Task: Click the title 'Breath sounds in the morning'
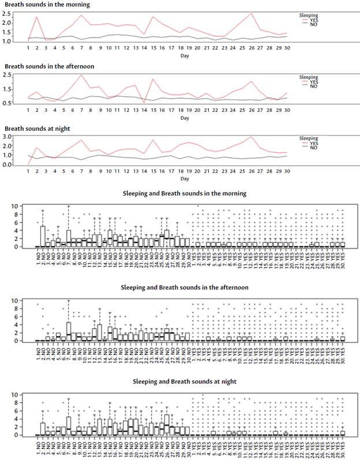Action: (40, 5)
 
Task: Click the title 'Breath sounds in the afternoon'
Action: (42, 66)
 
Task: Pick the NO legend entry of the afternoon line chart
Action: (313, 86)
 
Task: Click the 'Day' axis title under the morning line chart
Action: (183, 56)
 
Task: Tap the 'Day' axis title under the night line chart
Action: (183, 180)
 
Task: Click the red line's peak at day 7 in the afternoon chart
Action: (81, 75)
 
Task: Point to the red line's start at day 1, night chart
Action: (28, 164)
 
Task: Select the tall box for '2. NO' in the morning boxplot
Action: (43, 236)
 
